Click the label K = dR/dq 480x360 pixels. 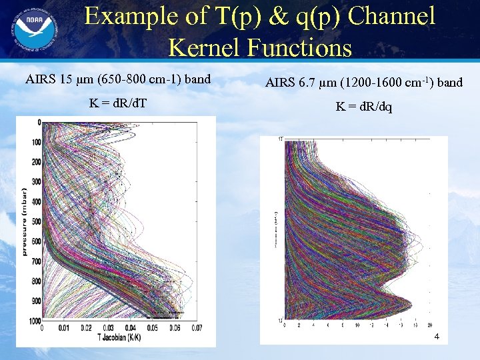coord(364,107)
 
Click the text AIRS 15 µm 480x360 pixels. coord(57,80)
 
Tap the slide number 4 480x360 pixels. coord(436,337)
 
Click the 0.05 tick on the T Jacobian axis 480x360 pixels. coord(153,328)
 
